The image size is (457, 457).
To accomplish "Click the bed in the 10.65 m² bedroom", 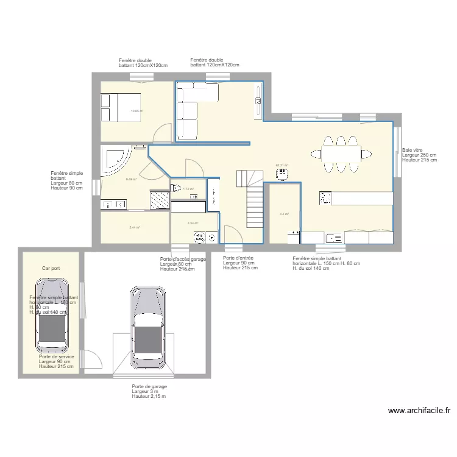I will (121, 107).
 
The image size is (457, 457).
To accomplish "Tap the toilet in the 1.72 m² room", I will (177, 189).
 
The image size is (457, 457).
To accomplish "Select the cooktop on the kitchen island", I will (325, 197).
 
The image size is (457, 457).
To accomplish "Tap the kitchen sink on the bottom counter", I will (334, 238).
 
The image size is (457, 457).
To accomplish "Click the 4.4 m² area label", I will (284, 214).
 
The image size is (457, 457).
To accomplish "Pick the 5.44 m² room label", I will (135, 227).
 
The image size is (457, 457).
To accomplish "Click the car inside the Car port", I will (52, 315).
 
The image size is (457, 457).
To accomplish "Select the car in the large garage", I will (147, 327).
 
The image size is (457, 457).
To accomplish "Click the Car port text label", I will (51, 268).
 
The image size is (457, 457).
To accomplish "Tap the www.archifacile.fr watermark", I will (419, 411).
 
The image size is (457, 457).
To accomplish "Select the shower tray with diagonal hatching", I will (160, 199).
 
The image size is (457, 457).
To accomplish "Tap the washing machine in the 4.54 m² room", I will (199, 238).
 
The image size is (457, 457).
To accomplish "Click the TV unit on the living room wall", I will (258, 101).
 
